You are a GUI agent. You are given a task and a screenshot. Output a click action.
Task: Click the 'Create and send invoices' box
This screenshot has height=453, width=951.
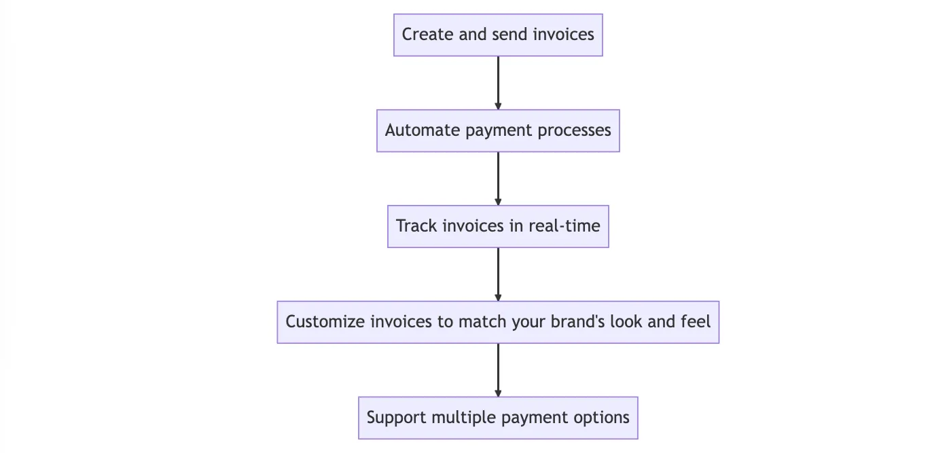tap(498, 35)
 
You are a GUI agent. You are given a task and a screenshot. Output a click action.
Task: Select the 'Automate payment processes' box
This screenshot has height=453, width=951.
tap(498, 130)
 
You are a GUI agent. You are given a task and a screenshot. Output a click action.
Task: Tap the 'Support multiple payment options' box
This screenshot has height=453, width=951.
tap(498, 418)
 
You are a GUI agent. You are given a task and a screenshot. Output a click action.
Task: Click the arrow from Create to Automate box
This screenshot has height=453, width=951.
tap(498, 83)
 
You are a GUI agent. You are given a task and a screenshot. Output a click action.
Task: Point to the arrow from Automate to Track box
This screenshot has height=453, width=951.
tap(498, 179)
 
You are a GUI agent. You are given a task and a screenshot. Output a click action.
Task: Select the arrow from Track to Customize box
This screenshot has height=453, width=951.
tap(498, 274)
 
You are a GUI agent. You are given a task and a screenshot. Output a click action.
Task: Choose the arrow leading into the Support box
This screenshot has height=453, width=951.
tap(498, 370)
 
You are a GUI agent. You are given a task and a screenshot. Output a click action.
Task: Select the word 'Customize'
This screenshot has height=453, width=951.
tap(325, 321)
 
